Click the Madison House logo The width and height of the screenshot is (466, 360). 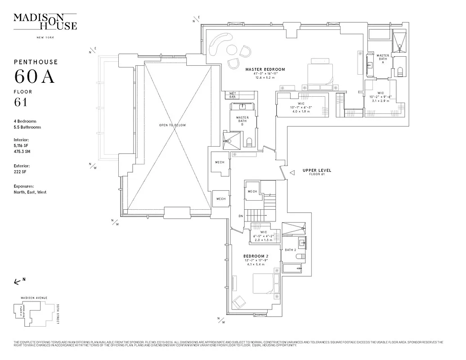[x=45, y=22]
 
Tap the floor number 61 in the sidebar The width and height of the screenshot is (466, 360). [x=21, y=102]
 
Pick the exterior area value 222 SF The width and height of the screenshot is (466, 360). [x=21, y=171]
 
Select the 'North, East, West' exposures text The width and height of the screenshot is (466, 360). [x=30, y=192]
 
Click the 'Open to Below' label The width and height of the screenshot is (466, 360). [x=172, y=125]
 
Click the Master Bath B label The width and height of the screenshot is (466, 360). [x=242, y=121]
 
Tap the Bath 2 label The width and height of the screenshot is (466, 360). [x=290, y=250]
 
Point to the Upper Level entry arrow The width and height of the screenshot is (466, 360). [x=292, y=172]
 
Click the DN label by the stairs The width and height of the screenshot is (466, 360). [x=241, y=216]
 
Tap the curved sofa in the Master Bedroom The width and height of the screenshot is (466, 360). [x=218, y=44]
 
